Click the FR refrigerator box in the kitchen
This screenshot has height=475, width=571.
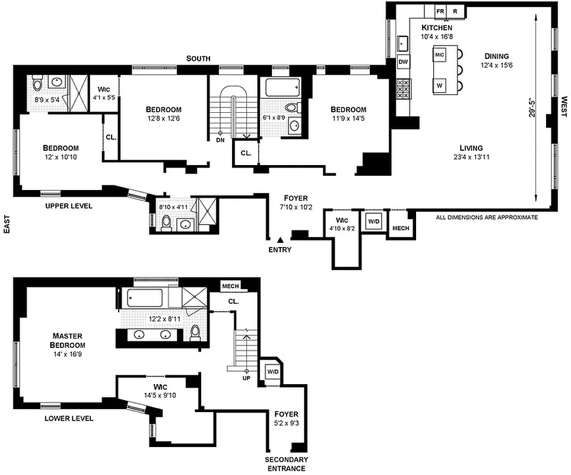point(440,11)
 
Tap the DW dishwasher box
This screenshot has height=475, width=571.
point(403,62)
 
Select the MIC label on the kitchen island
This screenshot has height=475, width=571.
point(440,55)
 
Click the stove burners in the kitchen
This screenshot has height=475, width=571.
point(403,88)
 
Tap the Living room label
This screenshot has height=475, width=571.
point(471,148)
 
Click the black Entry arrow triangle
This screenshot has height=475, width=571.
point(280,238)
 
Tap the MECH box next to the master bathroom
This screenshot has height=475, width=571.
point(230,286)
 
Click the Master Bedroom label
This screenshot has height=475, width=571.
point(68,340)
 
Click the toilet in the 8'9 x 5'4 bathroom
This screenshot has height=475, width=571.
point(37,83)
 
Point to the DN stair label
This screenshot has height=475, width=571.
point(221,140)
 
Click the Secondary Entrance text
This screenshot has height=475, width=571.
point(286,464)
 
